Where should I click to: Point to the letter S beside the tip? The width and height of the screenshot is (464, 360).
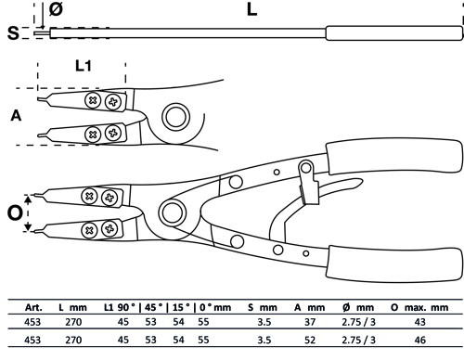click(12, 34)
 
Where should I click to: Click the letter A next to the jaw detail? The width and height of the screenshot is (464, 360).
click(14, 116)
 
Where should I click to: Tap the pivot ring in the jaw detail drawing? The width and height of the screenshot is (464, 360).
click(174, 117)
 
